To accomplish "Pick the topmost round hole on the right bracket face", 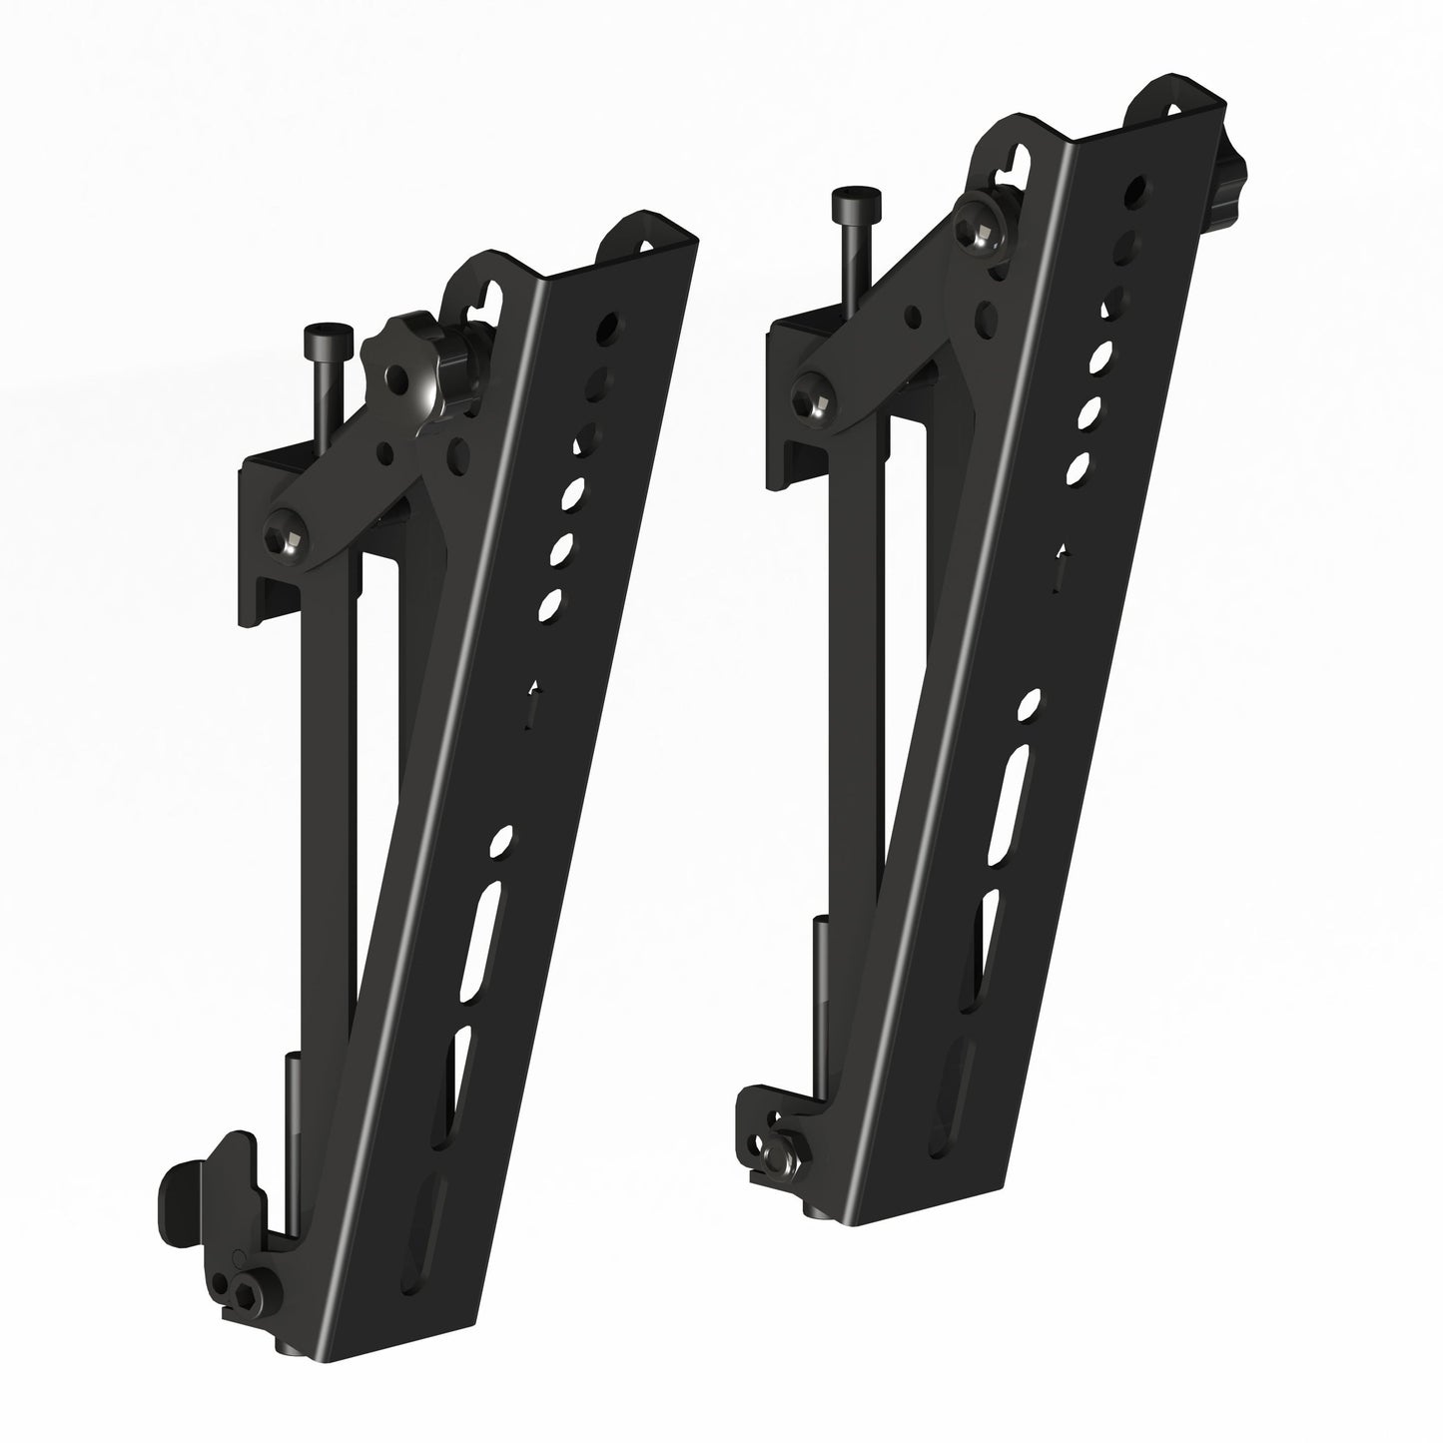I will tap(1135, 191).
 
